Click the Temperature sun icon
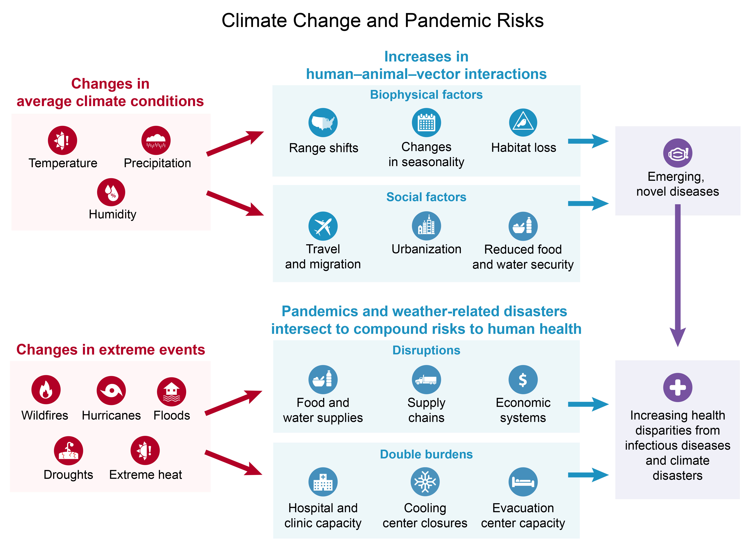[62, 140]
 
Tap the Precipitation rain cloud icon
[156, 140]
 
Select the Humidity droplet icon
[111, 192]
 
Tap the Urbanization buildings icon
[426, 226]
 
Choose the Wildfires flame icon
[46, 390]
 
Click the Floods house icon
[171, 391]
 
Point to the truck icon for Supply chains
[426, 380]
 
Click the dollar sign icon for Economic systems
[523, 380]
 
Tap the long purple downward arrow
[677, 275]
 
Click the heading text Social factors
[426, 197]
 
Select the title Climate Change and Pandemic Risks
[383, 21]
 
